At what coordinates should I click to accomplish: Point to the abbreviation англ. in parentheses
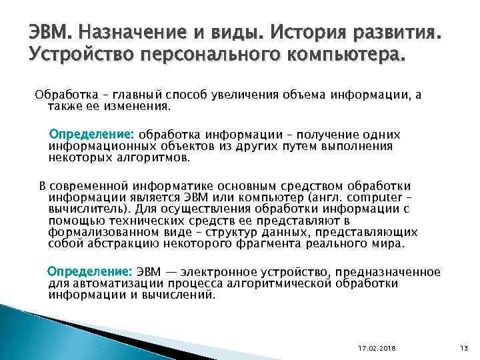pos(332,199)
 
